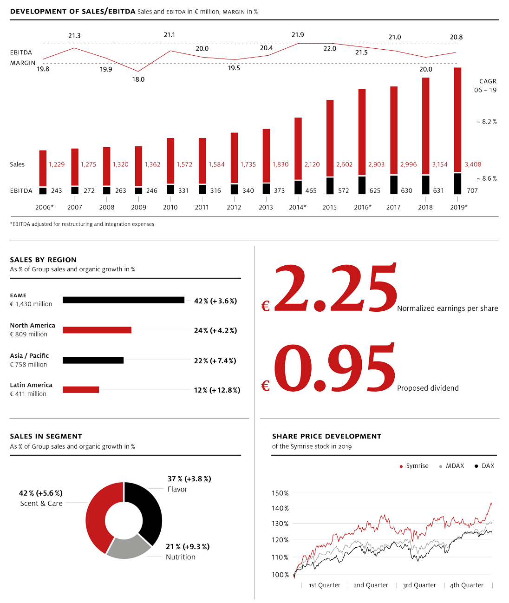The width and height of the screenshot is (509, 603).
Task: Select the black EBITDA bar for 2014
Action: (298, 187)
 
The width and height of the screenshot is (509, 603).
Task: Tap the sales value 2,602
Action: (344, 164)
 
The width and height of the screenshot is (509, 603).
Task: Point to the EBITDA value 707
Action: (472, 190)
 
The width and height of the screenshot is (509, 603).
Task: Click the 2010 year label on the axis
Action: (170, 207)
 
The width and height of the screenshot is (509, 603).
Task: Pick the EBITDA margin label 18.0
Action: (138, 79)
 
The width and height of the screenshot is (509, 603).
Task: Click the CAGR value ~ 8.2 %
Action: (486, 122)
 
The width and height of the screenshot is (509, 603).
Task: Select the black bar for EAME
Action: (124, 300)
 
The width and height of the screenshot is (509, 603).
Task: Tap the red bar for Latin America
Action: (81, 390)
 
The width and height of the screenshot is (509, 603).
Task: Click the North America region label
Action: (33, 326)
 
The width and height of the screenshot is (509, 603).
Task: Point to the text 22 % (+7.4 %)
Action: (215, 361)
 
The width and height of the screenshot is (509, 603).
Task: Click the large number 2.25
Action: (335, 289)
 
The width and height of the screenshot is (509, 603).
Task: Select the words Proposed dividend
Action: (428, 388)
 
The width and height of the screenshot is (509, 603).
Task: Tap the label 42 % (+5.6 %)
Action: (40, 493)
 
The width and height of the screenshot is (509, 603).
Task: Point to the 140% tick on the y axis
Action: (280, 508)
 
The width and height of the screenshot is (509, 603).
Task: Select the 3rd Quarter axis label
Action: (419, 585)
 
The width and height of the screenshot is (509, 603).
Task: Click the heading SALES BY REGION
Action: (43, 260)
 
